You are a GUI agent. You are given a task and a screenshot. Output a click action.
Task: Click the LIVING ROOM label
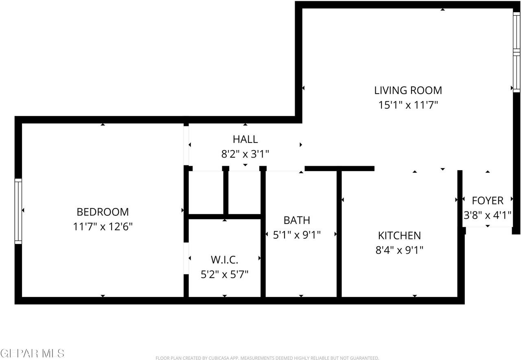pos(408,90)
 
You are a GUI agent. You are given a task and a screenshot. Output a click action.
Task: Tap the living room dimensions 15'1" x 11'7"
pos(408,105)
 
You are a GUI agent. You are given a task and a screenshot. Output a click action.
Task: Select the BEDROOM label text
pos(103,212)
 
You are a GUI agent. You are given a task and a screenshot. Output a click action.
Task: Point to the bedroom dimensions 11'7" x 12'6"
pos(103,226)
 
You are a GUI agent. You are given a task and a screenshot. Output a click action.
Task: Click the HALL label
pos(245,139)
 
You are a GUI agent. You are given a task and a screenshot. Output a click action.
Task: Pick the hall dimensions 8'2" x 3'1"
pos(245,154)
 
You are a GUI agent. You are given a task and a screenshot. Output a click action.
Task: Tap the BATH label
pos(297,220)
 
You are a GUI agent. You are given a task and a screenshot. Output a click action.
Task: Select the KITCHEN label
pos(399,235)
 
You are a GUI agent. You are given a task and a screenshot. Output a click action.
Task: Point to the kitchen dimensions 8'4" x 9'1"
pos(399,250)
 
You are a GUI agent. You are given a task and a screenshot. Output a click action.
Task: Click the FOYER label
pos(487,200)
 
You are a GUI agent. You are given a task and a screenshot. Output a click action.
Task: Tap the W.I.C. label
pos(224,259)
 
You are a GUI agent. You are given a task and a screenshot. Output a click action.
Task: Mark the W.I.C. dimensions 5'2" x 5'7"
pos(224,274)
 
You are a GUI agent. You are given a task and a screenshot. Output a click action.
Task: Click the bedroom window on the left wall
pos(18,211)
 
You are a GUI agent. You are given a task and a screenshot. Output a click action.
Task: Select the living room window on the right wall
pos(516,52)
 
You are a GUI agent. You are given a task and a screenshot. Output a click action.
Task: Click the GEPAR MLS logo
pos(32,353)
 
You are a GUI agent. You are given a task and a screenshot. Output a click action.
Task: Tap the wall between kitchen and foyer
pos(460,236)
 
